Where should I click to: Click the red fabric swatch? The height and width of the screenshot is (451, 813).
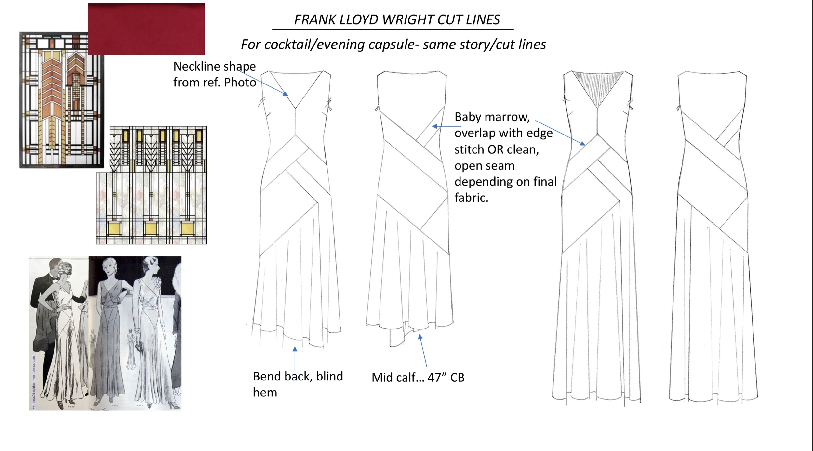[146, 29]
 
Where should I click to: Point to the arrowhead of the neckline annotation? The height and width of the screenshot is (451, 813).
[286, 94]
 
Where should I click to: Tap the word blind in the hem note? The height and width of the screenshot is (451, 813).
[329, 376]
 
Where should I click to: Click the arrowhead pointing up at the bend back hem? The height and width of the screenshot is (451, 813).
[295, 349]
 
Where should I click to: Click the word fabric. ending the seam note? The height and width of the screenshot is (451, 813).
[471, 198]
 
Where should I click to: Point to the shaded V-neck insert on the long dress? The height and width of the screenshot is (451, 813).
[598, 86]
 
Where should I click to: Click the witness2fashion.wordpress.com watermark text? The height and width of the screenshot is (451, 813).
[34, 382]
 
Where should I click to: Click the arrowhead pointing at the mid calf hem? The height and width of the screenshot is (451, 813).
[420, 337]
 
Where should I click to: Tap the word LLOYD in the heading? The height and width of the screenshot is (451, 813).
[359, 20]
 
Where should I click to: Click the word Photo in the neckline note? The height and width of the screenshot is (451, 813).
[240, 83]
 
